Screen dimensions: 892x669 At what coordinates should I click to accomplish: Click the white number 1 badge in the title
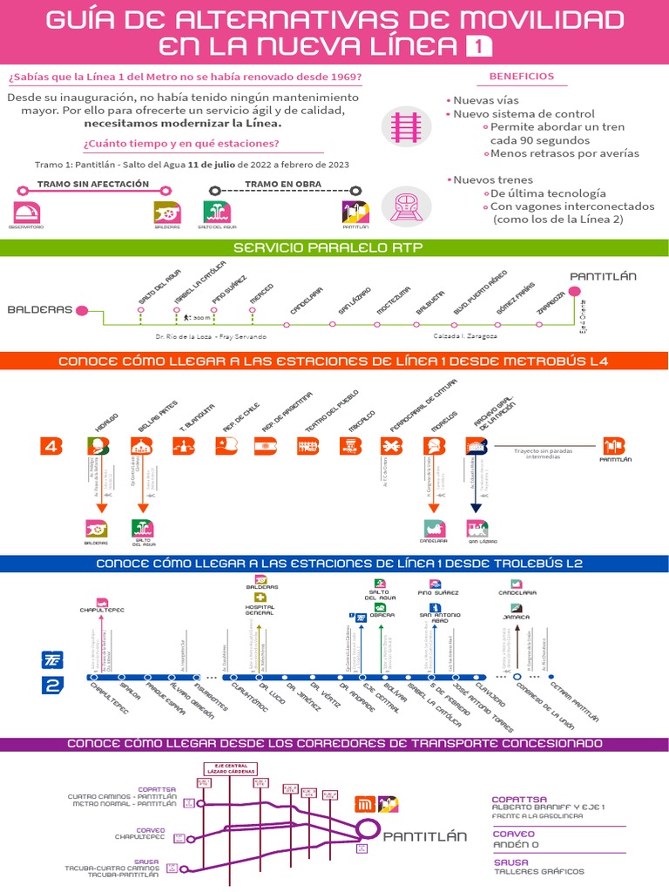point(478,46)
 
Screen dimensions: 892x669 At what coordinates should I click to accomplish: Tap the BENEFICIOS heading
point(521,77)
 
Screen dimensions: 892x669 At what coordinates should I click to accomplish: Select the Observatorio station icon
point(28,212)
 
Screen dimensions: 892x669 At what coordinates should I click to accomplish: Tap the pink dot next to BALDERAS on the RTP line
point(82,309)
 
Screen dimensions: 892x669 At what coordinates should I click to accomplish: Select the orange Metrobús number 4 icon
point(52,446)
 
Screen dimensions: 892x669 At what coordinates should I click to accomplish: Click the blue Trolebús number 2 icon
point(52,686)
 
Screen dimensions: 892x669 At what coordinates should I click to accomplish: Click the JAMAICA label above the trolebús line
point(517,617)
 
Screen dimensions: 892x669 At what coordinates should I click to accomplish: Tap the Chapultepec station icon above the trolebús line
point(103,601)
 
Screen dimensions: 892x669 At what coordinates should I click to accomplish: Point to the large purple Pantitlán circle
point(368,834)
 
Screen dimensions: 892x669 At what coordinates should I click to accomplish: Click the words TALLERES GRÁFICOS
point(539,871)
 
